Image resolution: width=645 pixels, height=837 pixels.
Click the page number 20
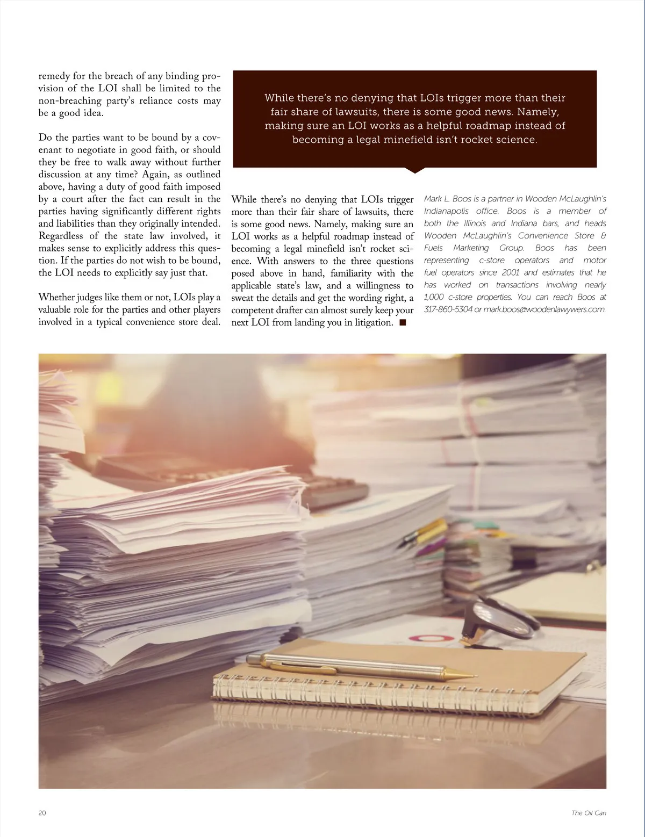point(42,813)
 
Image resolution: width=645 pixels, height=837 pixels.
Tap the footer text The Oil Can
point(589,813)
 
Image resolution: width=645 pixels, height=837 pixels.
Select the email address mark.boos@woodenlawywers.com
point(544,309)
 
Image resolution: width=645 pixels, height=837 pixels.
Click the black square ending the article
point(403,322)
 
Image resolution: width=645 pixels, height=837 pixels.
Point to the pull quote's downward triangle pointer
point(414,170)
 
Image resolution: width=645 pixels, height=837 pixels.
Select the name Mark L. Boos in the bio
point(447,199)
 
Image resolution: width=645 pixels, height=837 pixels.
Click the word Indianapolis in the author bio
point(446,211)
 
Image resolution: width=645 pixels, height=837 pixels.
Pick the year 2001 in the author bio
point(510,272)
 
